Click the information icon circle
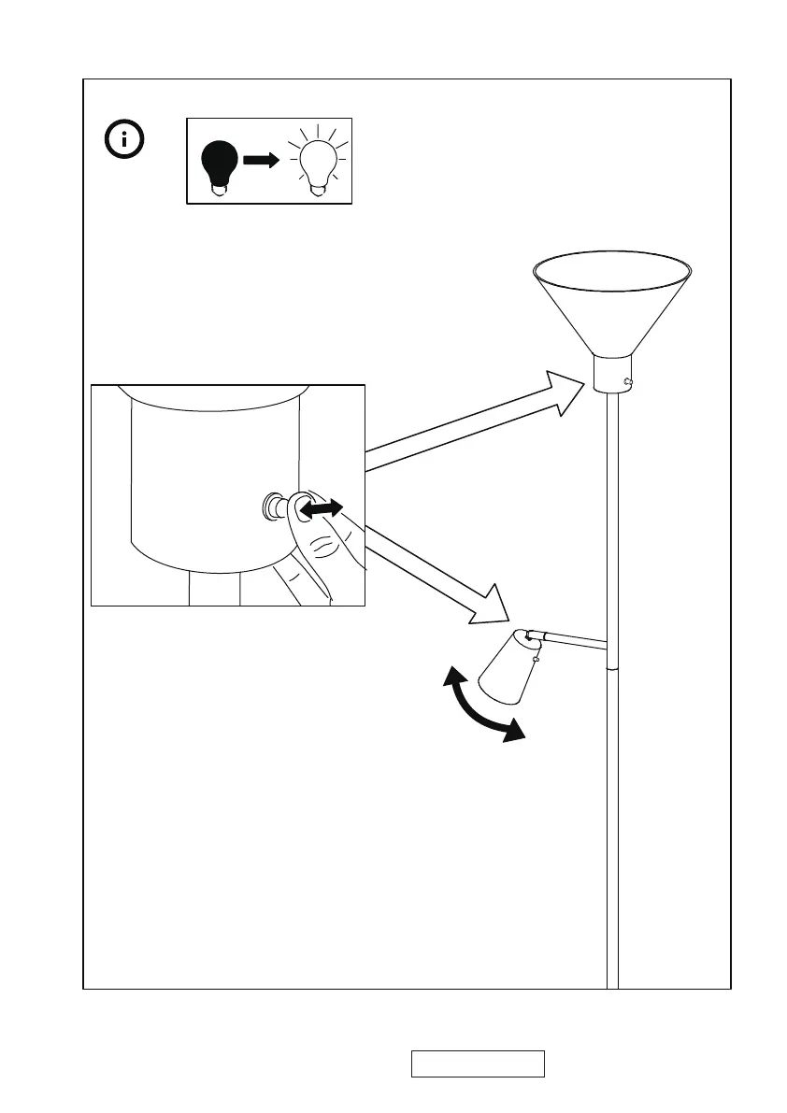tap(125, 140)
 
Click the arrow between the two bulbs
tap(261, 161)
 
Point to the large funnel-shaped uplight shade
tap(612, 299)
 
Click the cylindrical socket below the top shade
tap(612, 376)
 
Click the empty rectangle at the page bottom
tap(478, 1063)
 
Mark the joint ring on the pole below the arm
tap(612, 668)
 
